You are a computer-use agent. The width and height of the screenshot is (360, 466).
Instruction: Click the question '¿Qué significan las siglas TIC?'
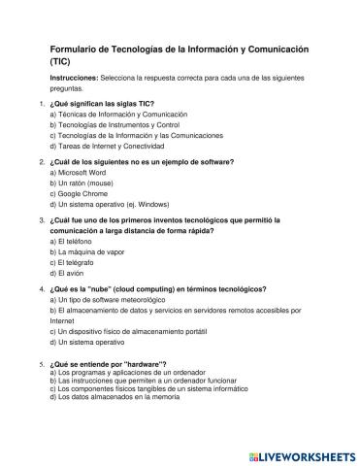click(x=101, y=103)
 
